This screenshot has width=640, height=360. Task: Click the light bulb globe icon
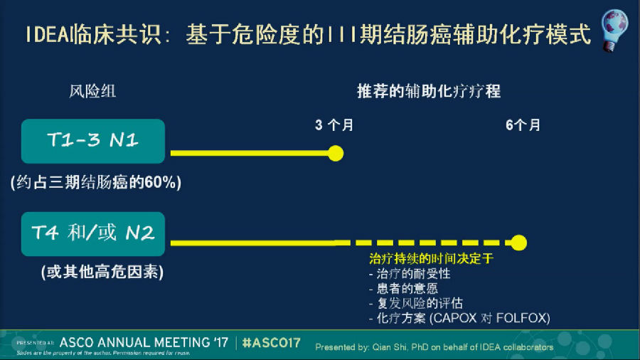(614, 31)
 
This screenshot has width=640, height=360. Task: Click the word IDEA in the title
(48, 34)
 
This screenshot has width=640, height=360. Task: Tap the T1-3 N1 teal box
(93, 141)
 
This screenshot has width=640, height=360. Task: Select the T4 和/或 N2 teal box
(93, 234)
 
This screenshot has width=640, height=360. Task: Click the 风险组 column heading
(92, 91)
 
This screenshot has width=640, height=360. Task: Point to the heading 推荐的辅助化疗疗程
(429, 91)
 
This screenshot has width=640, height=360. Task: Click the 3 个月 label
(334, 125)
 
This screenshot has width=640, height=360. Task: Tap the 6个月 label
(523, 125)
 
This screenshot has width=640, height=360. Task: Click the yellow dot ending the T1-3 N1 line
(336, 154)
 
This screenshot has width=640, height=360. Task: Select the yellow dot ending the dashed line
(519, 243)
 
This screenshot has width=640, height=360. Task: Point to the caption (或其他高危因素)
(102, 272)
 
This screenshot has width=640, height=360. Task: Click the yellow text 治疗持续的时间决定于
(431, 258)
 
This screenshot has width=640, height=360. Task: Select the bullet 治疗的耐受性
(410, 273)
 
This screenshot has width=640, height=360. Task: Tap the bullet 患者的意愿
(403, 289)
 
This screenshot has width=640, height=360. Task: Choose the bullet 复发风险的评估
(416, 303)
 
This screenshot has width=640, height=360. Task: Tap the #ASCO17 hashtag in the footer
(272, 343)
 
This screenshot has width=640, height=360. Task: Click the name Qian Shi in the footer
(390, 347)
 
